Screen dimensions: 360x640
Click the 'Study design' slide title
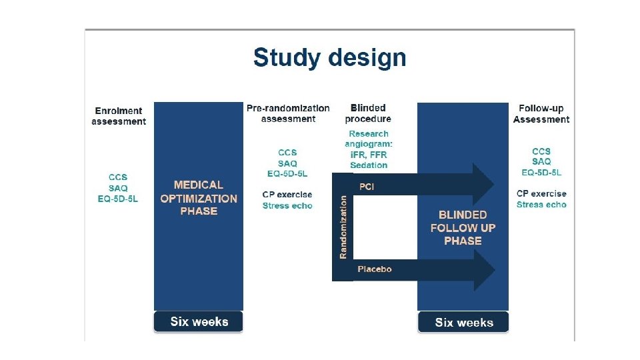[x=329, y=58]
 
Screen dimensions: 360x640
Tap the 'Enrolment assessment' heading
[x=119, y=116]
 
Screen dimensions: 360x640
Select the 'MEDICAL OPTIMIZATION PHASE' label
[x=199, y=198]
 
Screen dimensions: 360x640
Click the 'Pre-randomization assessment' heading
[x=288, y=113]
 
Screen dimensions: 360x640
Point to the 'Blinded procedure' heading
[x=368, y=113]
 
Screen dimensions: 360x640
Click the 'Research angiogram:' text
[x=369, y=139]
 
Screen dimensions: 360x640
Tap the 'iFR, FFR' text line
[x=369, y=155]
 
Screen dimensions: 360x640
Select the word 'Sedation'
[x=369, y=165]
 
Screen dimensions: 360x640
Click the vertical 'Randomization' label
[x=343, y=227]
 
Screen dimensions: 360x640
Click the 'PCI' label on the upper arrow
[x=367, y=187]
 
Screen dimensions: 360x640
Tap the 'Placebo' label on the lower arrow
[x=375, y=269]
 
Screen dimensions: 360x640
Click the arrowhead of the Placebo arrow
[x=483, y=269]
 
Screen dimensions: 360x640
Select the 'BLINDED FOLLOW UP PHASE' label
[x=463, y=228]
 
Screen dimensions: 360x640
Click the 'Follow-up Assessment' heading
[x=541, y=114]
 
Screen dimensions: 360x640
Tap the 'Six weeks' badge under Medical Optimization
[x=199, y=322]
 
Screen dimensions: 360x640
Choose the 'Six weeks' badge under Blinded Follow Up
[x=464, y=323]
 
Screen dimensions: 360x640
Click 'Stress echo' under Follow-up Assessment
[x=541, y=205]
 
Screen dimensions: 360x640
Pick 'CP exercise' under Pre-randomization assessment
[x=287, y=195]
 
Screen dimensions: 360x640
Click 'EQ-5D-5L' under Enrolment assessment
[x=118, y=199]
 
